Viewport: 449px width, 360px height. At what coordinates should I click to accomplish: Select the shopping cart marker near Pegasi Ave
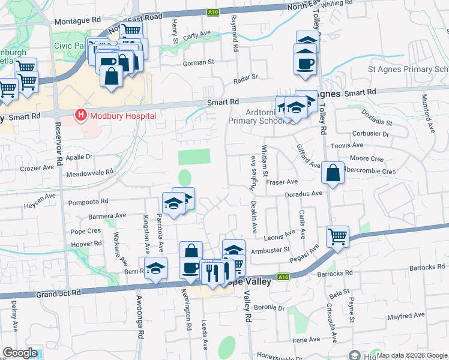[338, 236]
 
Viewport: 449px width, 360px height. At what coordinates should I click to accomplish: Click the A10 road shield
[212, 11]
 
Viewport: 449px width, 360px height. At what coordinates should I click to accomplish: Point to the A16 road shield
[284, 277]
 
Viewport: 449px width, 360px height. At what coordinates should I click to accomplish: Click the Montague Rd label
[77, 20]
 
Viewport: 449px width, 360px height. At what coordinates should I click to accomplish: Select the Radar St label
[245, 77]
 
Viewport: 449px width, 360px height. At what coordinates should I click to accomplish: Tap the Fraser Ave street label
[282, 182]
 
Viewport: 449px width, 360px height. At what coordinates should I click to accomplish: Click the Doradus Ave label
[304, 194]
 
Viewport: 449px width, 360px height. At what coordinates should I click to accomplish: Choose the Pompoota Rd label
[88, 202]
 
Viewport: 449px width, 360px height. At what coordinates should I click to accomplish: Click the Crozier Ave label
[37, 169]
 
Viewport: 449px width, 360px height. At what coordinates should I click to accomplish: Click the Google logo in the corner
[20, 353]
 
